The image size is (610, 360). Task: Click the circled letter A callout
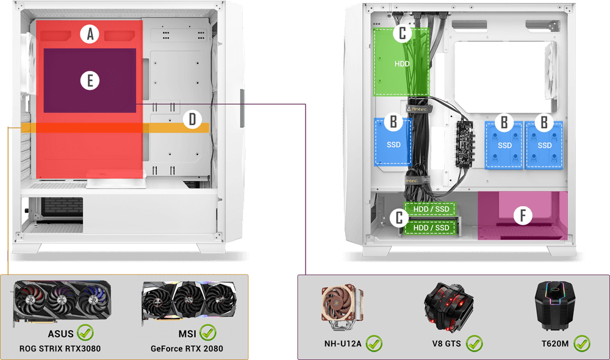tap(90, 35)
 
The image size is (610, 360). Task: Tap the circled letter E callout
tap(90, 81)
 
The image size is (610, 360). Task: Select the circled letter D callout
tap(192, 119)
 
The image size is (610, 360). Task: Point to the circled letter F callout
tap(522, 215)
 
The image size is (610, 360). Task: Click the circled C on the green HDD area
tap(402, 34)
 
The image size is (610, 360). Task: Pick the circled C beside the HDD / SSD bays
tap(399, 218)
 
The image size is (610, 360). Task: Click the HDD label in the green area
tap(402, 63)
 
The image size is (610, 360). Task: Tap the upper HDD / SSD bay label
tap(431, 209)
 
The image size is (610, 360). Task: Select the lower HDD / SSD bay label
tap(431, 228)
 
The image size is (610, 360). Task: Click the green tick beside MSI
tap(208, 334)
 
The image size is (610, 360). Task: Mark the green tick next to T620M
tap(582, 344)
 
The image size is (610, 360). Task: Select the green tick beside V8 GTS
tap(475, 344)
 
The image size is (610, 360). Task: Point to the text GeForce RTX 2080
tap(187, 349)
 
